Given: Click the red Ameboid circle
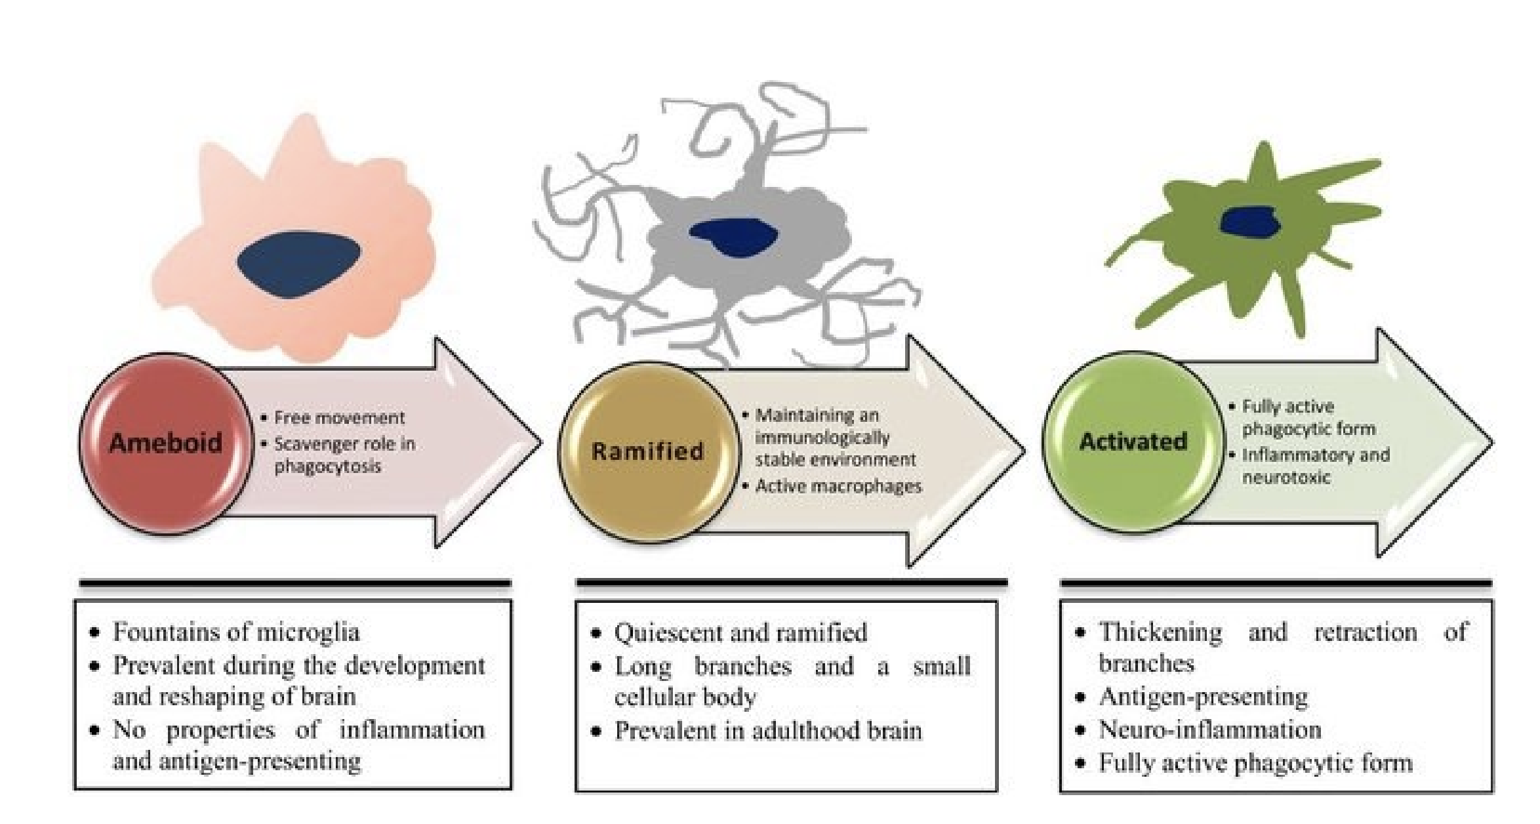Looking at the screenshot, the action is [166, 443].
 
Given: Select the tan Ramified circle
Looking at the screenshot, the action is [648, 451].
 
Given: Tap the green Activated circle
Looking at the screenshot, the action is [1133, 441].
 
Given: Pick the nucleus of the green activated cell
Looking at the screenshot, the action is [1250, 221].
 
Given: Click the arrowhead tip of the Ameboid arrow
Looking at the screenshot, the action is [542, 443].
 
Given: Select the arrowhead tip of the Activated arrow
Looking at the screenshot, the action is [1493, 442].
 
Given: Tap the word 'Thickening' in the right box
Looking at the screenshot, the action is [1160, 632].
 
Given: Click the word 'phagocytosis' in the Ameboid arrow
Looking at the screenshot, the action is [327, 467].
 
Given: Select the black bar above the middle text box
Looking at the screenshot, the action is [792, 582].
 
